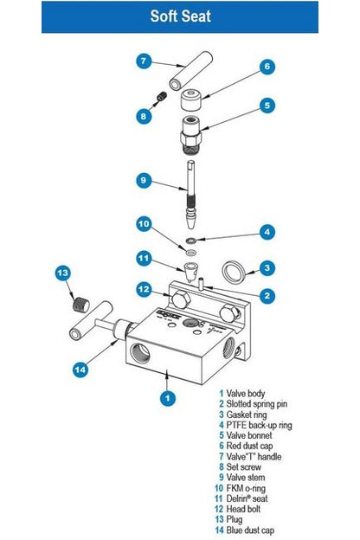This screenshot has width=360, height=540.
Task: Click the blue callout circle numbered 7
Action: (144, 61)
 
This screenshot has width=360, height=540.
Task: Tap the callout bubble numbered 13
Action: (63, 273)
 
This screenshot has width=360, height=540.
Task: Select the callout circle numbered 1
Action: (167, 398)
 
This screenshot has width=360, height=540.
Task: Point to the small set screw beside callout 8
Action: (162, 96)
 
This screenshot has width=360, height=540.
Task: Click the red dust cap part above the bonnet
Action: (191, 100)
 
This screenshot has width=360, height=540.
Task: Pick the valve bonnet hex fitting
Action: (190, 134)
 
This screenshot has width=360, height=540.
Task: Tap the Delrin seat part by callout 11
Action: (190, 272)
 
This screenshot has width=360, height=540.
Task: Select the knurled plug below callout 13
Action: (81, 305)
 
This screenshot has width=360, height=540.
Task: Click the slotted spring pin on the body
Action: (201, 284)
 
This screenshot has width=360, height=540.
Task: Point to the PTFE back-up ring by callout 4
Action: (190, 240)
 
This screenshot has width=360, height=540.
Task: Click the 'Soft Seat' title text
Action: (180, 16)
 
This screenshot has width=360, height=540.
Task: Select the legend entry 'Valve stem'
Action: (246, 478)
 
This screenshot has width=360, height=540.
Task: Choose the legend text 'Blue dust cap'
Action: (250, 530)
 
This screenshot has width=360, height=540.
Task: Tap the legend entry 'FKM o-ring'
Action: (246, 488)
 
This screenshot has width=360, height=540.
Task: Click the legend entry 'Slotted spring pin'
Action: (257, 403)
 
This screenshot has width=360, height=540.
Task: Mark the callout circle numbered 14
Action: (80, 370)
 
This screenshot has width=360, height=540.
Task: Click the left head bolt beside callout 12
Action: (181, 299)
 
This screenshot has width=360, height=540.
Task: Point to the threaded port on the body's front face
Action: (140, 353)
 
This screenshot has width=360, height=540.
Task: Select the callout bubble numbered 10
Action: (144, 224)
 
